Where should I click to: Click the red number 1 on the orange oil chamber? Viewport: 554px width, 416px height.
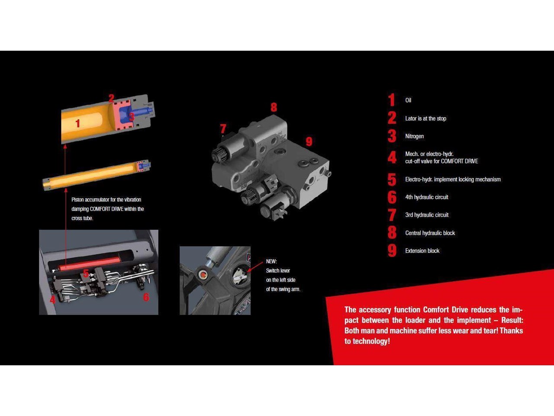78,123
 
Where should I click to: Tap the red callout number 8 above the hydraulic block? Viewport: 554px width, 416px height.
274,107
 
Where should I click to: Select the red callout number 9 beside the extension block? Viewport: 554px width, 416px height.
309,141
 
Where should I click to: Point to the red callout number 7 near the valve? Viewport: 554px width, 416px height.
223,129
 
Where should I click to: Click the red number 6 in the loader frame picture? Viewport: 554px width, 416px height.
146,297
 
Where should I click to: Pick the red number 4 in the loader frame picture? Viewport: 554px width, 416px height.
52,300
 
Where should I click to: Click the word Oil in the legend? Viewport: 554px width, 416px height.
408,100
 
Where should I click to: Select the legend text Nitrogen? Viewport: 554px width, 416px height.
415,136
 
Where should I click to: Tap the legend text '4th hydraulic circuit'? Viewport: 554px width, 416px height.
427,197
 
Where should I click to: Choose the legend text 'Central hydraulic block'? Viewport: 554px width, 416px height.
430,233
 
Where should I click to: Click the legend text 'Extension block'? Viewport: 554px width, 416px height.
422,250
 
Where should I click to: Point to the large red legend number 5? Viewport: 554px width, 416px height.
392,179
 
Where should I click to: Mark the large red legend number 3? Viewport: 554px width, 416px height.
392,136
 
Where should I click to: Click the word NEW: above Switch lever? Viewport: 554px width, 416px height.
271,261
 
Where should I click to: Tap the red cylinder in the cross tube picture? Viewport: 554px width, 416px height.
89,263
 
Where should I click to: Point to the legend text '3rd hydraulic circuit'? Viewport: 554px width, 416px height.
427,214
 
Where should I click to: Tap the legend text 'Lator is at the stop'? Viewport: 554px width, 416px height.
425,118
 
